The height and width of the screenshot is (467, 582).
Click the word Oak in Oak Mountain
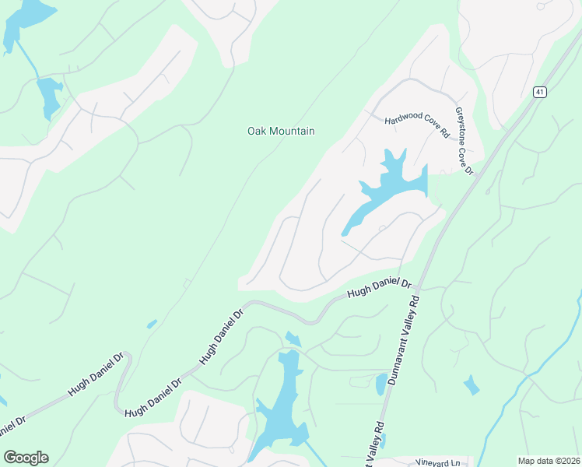coord(257,132)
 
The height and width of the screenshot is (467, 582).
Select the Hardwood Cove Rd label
coord(418,124)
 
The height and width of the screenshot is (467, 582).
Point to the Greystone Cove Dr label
coord(464,140)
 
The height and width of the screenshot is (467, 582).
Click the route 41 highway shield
coord(539,92)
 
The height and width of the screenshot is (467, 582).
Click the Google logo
coord(26,458)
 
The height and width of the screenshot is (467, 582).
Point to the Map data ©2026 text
coord(548,461)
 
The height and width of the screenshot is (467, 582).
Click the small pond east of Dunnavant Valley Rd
coord(471,385)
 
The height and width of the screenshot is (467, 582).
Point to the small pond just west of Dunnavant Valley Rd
coord(380,384)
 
